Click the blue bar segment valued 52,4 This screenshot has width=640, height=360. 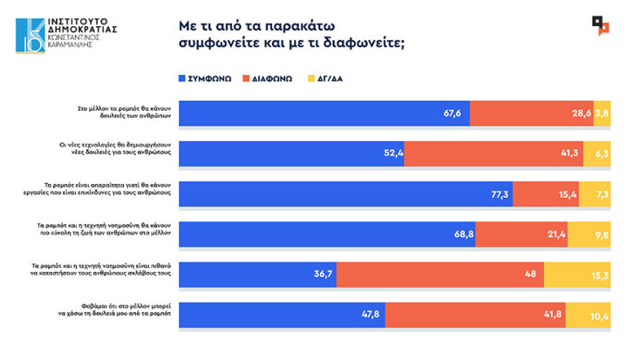291,153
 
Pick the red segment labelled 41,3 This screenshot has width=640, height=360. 494,153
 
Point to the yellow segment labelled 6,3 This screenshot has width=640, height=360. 596,153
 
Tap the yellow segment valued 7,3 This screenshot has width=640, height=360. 595,194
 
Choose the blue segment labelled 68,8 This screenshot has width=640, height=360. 327,234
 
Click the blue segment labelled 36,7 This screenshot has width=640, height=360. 257,273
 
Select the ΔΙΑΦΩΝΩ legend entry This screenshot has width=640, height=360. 272,77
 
